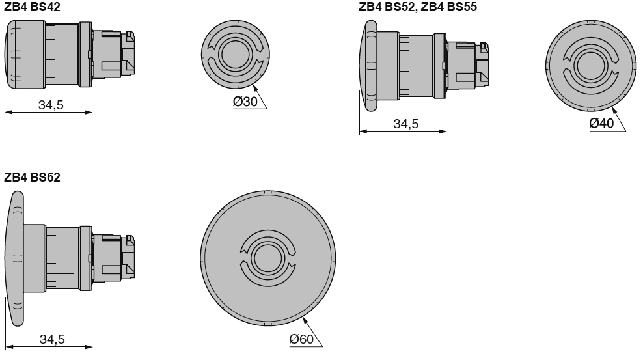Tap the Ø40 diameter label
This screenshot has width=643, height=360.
click(x=601, y=124)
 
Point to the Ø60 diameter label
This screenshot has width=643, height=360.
click(x=302, y=339)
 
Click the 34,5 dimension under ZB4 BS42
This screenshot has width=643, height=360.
click(x=50, y=105)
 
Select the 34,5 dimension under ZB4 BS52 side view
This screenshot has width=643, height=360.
click(x=405, y=124)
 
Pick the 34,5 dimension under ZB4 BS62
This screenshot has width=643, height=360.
click(x=50, y=339)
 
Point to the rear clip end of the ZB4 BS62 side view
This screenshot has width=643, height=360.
click(x=130, y=258)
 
